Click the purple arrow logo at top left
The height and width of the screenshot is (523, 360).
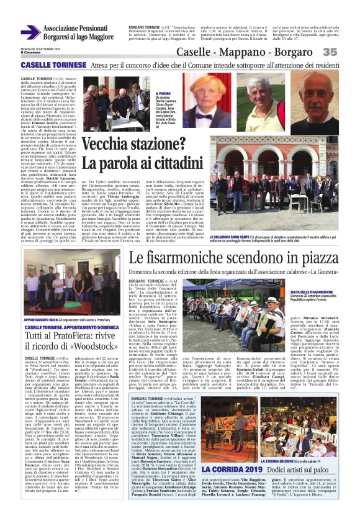(30, 32)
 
